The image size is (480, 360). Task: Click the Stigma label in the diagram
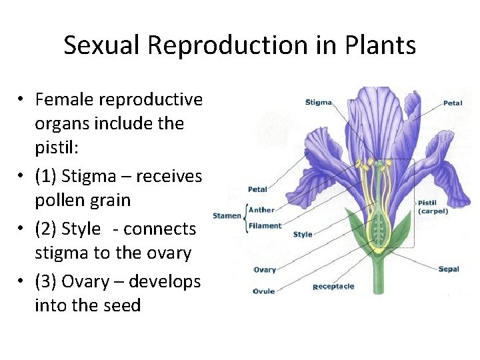click(x=319, y=102)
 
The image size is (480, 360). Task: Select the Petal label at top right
click(x=453, y=103)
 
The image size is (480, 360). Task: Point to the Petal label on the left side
click(x=257, y=189)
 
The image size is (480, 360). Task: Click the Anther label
click(x=261, y=210)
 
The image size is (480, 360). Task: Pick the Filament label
click(x=264, y=225)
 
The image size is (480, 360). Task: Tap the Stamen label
click(x=226, y=215)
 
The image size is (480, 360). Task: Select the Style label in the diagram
click(x=303, y=234)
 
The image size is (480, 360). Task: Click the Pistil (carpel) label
click(x=433, y=207)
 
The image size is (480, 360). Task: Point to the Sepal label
click(x=449, y=269)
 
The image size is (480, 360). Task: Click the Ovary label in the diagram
click(x=265, y=270)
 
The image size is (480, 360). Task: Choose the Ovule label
click(x=264, y=291)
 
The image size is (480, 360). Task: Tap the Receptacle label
click(x=334, y=287)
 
